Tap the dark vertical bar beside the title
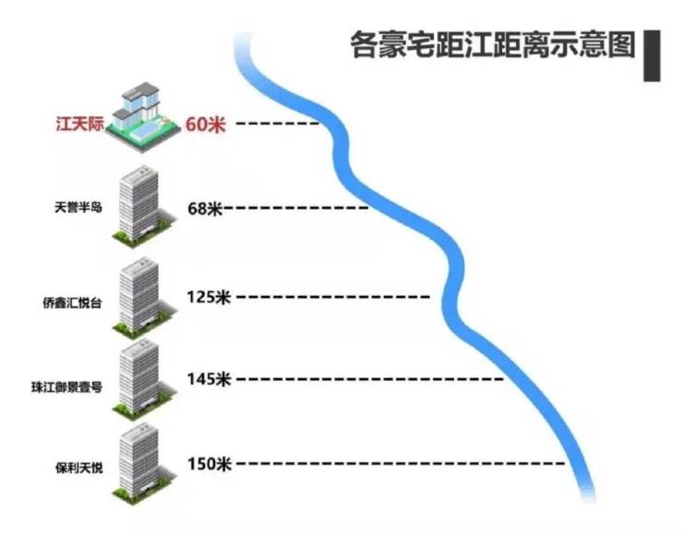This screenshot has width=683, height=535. (x=652, y=55)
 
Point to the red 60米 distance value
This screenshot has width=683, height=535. (x=205, y=124)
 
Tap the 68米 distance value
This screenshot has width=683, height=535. (x=205, y=209)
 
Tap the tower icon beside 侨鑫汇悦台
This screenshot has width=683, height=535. (x=138, y=296)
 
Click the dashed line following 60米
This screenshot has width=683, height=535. (x=277, y=123)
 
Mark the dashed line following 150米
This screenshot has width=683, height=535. (x=397, y=463)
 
